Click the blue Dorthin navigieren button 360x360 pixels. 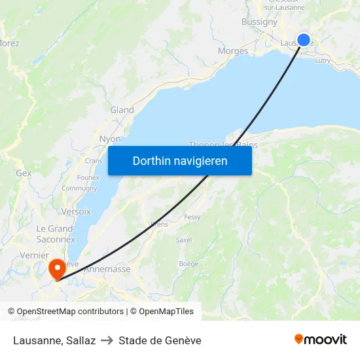tap(180, 160)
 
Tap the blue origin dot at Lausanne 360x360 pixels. tap(304, 39)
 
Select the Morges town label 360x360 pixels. tap(233, 50)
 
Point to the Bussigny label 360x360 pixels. tap(259, 22)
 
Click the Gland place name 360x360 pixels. tap(122, 110)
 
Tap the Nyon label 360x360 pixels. tap(109, 139)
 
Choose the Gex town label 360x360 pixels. tap(24, 173)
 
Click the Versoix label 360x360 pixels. tap(76, 211)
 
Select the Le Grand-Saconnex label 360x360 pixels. tap(56, 234)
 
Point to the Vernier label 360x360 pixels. tap(34, 255)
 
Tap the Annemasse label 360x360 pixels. tap(108, 268)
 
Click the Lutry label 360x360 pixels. tap(323, 60)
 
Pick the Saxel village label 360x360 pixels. tap(184, 240)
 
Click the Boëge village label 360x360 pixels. tap(189, 264)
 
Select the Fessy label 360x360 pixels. tap(192, 217)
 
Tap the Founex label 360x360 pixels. tap(88, 177)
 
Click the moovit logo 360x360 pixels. tap(321, 339)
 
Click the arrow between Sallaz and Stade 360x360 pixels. tap(107, 340)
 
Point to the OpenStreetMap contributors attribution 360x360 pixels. tap(65, 312)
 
